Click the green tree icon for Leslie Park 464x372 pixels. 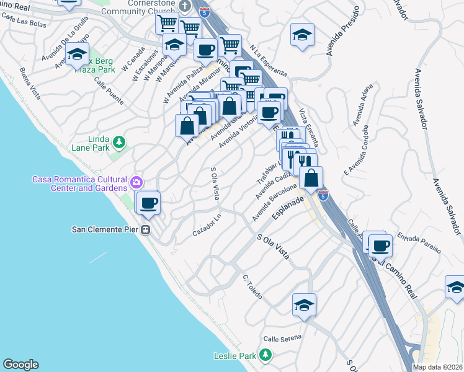265,354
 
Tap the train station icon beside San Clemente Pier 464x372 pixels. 146,230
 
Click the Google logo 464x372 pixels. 20,365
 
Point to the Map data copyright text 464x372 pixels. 438,367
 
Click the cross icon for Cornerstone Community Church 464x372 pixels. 183,6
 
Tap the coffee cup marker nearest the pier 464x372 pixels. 148,203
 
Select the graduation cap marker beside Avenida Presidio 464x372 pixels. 302,35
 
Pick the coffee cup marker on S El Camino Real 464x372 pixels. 380,246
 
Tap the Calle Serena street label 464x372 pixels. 282,338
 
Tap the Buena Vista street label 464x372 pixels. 30,84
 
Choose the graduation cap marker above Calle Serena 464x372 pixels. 304,305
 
